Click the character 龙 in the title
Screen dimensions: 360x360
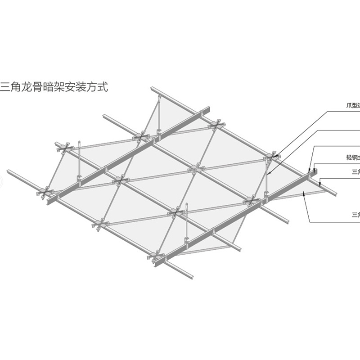pyautogui.click(x=30, y=86)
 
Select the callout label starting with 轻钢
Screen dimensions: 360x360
pyautogui.click(x=351, y=158)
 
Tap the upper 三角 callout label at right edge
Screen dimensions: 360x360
pyautogui.click(x=355, y=171)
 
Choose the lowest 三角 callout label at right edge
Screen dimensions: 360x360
pyautogui.click(x=355, y=214)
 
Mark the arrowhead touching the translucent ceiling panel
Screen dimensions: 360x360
pyautogui.click(x=305, y=194)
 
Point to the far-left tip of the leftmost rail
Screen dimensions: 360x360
pyautogui.click(x=8, y=171)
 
